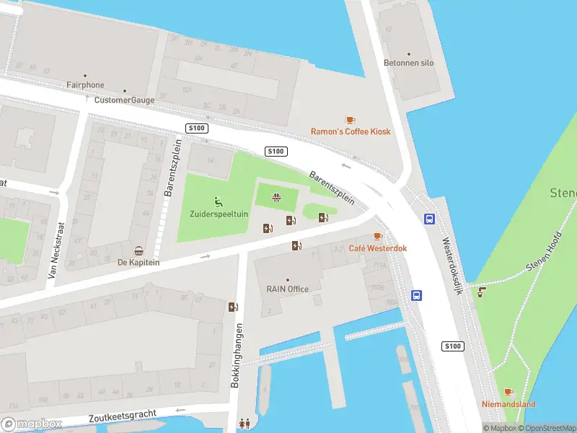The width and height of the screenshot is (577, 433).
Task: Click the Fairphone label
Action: (x=85, y=85)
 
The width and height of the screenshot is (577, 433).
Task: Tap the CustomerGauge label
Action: (x=124, y=100)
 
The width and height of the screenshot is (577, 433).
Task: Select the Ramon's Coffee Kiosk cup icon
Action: (x=351, y=120)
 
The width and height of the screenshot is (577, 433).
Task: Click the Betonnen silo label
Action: (x=409, y=64)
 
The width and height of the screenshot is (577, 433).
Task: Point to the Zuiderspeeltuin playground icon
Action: (x=218, y=201)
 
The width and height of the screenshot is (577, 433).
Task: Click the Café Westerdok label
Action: (x=378, y=248)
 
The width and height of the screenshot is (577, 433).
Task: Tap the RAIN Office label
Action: (x=287, y=289)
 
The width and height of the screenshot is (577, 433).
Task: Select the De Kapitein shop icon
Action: (x=138, y=251)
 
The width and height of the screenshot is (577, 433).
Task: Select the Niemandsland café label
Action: (x=508, y=405)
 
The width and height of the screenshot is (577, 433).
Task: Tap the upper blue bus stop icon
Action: (x=430, y=219)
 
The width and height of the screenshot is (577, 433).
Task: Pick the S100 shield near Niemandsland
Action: (x=452, y=347)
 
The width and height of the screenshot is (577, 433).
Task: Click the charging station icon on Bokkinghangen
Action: (x=233, y=307)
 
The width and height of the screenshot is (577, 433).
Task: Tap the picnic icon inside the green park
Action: (x=276, y=197)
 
